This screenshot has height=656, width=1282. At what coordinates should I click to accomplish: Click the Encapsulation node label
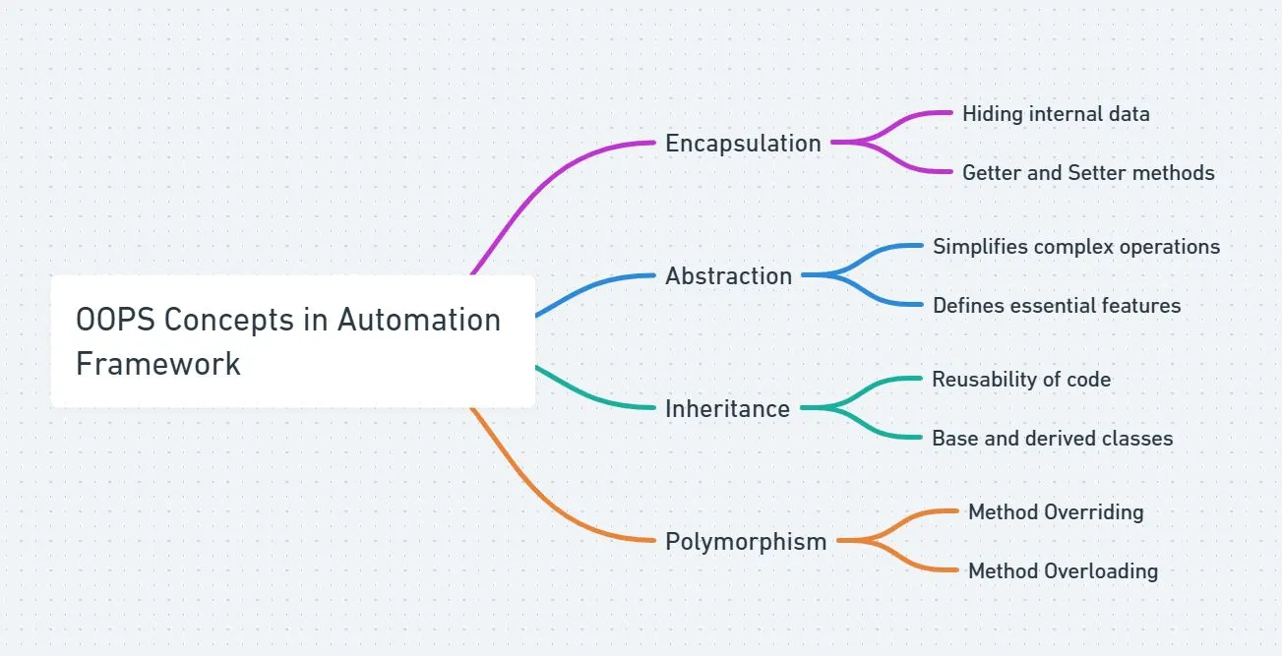(743, 144)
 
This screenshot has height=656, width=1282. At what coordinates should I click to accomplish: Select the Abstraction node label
(728, 276)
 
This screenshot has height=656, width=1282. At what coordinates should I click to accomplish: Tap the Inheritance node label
(727, 409)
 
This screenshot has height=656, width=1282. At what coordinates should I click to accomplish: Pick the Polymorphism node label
(746, 542)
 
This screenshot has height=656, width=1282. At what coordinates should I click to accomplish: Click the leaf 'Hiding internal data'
(1056, 114)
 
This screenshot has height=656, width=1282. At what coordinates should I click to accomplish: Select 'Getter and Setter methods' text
(1088, 173)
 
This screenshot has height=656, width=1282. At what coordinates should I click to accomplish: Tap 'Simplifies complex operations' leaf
(1076, 247)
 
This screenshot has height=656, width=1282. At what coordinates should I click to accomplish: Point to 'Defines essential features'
(1057, 306)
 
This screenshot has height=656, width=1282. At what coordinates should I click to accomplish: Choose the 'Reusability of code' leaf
(1021, 380)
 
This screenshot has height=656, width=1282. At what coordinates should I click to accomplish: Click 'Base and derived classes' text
(1053, 439)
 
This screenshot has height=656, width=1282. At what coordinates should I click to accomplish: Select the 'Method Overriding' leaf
(1056, 512)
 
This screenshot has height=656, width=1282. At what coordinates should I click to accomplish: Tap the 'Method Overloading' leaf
(1063, 571)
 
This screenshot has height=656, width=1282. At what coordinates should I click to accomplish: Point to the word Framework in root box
(158, 364)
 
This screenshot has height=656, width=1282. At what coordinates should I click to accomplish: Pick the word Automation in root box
(419, 321)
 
